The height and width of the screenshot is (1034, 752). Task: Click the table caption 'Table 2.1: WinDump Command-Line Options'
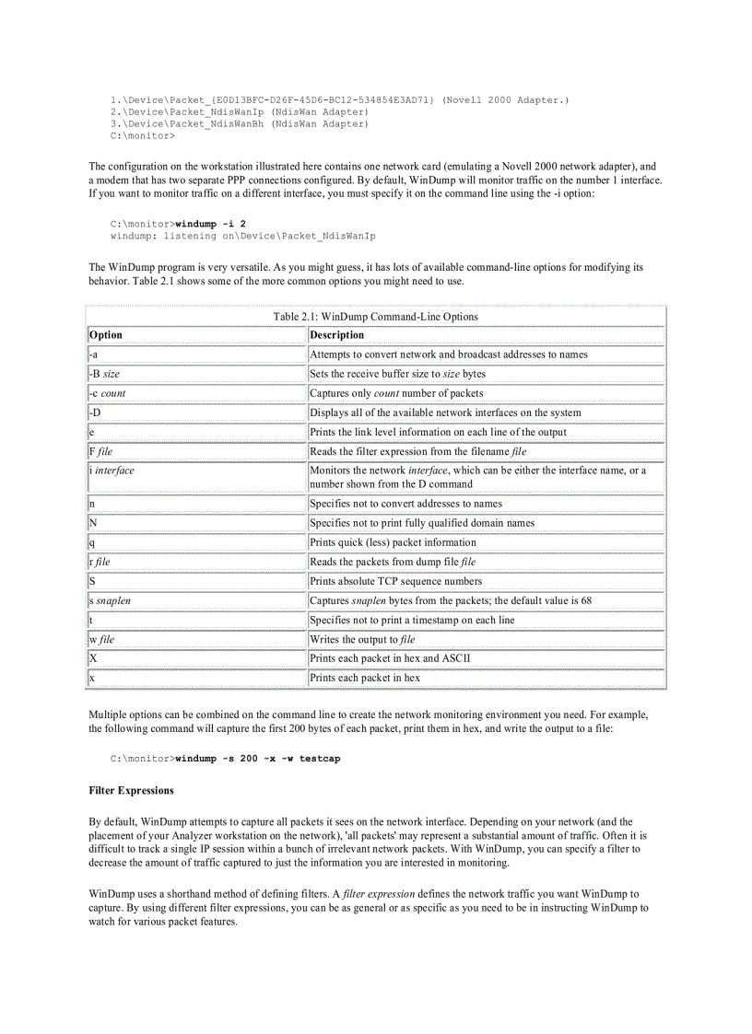point(375,317)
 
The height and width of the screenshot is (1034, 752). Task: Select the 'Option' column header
point(106,335)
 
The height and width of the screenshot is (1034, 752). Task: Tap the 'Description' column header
point(337,335)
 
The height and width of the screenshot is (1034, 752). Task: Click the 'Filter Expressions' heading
point(131,790)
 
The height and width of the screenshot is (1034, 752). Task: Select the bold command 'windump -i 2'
point(210,224)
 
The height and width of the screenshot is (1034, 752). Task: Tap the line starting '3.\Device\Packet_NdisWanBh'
point(238,123)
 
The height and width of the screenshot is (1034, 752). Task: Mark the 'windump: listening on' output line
point(242,236)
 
